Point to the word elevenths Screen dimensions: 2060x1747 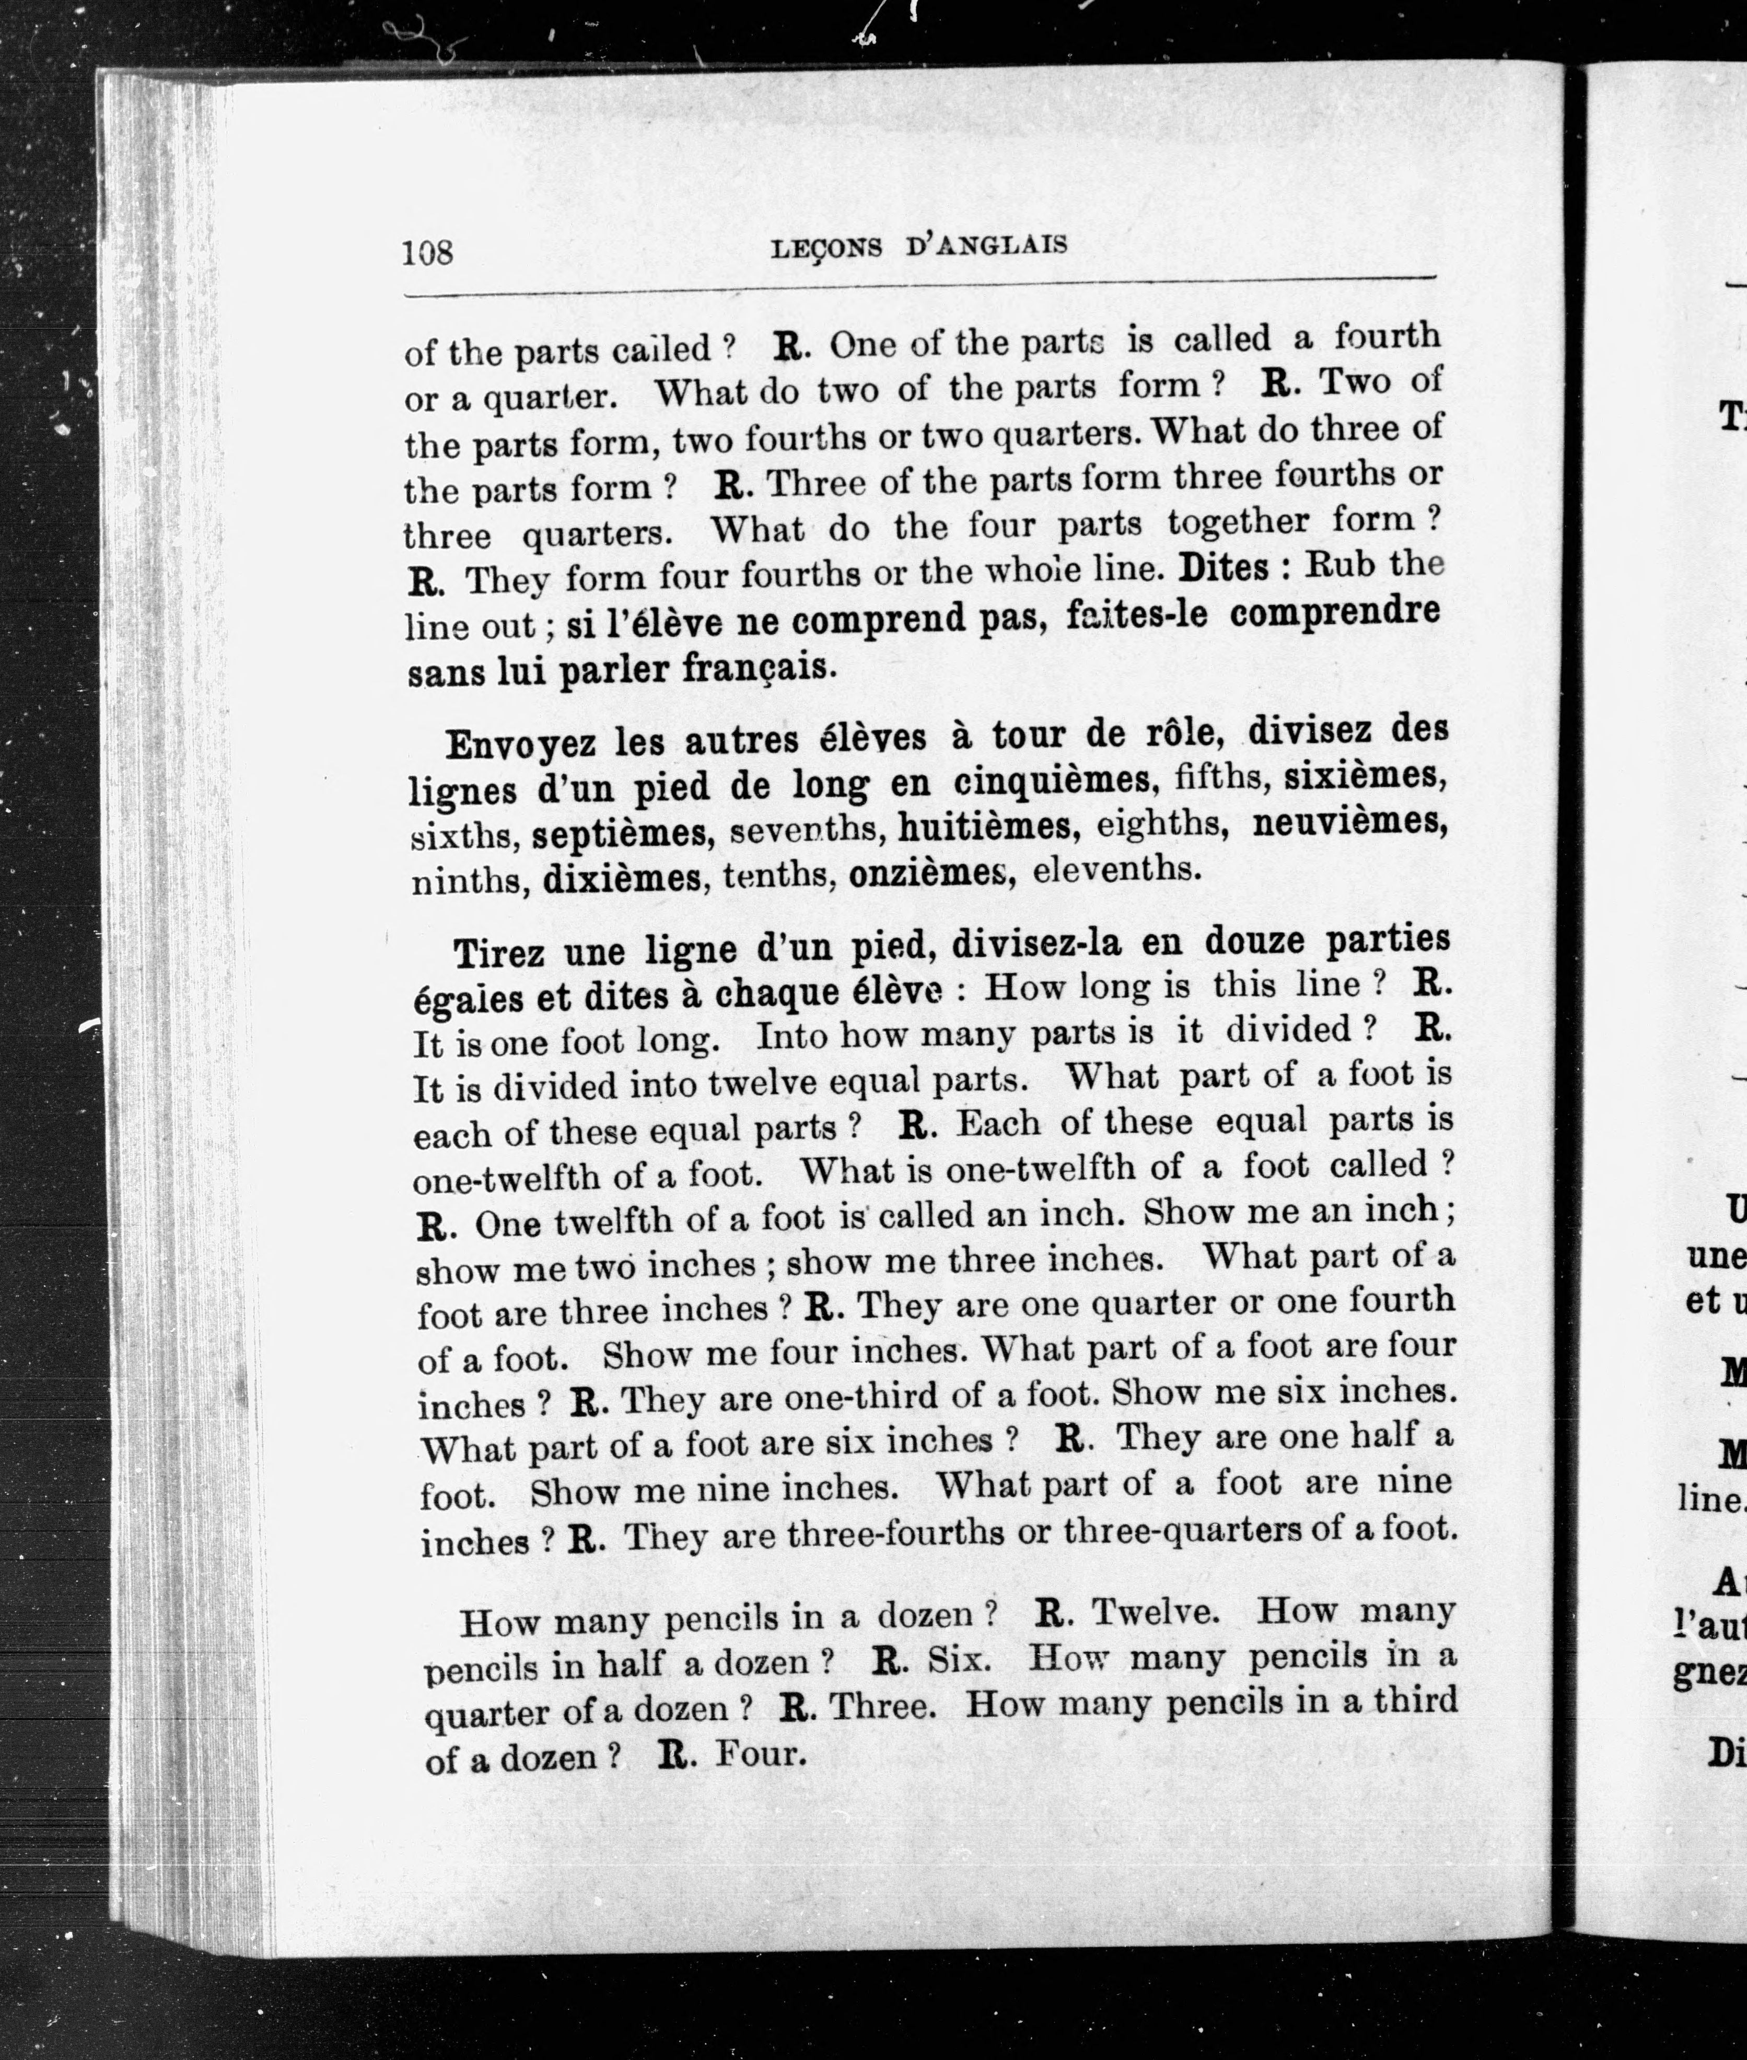pos(1116,869)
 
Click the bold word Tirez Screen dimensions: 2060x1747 pos(499,955)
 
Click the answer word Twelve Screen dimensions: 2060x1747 pos(1155,1612)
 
